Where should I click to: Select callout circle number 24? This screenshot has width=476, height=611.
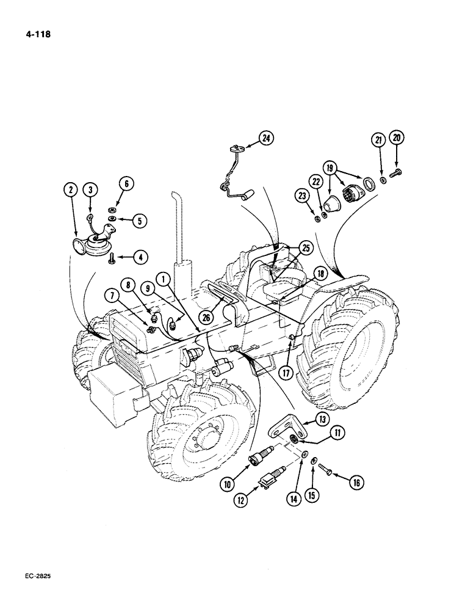pos(265,138)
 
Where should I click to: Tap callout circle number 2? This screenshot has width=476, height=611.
pos(71,190)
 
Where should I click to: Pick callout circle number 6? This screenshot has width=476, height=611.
pos(126,184)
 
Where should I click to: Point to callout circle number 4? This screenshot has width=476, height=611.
pos(141,257)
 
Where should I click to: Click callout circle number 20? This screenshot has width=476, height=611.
pos(397,139)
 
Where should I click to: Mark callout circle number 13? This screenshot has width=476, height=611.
pos(321,418)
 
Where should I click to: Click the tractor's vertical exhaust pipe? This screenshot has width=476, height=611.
pos(182,238)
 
